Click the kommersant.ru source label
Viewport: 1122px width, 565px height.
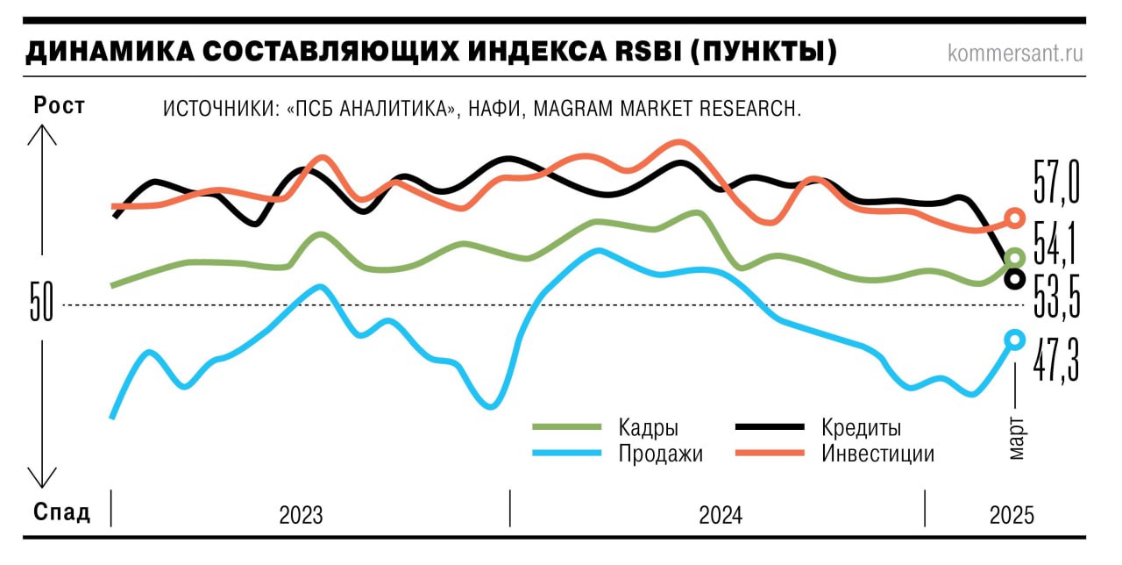[x=1015, y=54]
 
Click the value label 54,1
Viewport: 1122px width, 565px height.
[x=1055, y=247]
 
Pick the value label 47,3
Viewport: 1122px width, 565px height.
[x=1055, y=361]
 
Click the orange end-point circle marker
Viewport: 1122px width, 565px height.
[x=1015, y=218]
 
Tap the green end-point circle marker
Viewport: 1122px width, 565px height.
[x=1015, y=258]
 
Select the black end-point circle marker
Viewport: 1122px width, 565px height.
[x=1015, y=279]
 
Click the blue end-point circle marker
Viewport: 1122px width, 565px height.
[x=1015, y=340]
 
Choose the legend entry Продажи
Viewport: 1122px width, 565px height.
[x=660, y=454]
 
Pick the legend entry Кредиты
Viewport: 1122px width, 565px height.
[x=861, y=428]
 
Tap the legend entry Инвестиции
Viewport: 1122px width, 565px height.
[x=877, y=454]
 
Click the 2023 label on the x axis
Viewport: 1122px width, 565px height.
[x=301, y=515]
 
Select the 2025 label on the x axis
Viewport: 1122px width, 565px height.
[x=1012, y=515]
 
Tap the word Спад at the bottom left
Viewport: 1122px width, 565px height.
[x=61, y=512]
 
